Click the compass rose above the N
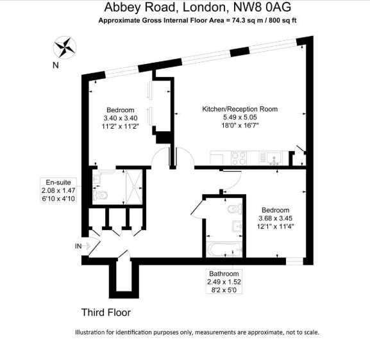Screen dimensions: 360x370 (64, 48)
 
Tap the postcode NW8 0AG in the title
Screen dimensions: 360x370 (260, 8)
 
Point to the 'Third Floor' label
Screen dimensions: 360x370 (106, 313)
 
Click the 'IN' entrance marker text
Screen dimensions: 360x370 (79, 246)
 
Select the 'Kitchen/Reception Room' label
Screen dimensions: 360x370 (240, 109)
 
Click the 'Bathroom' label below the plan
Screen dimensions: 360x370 (223, 274)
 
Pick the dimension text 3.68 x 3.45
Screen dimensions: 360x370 (275, 218)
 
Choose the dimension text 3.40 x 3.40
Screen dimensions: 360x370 (121, 118)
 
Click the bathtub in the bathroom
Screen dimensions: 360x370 (223, 250)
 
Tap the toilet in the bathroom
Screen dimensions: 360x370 (234, 208)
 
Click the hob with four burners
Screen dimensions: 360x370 (239, 158)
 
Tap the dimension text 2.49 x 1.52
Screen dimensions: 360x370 (223, 282)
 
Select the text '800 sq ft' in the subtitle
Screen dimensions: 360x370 (282, 20)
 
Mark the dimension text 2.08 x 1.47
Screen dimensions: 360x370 (58, 190)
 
